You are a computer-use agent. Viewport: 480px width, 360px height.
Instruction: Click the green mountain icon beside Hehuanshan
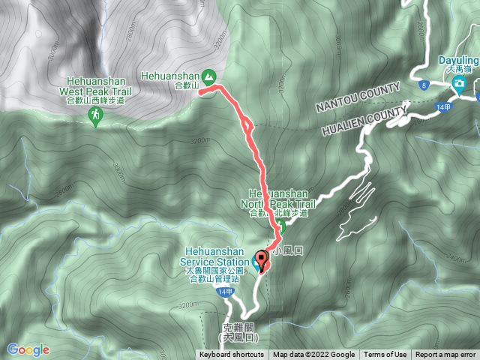tap(208, 76)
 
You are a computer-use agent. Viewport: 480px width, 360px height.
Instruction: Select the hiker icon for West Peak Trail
tap(96, 115)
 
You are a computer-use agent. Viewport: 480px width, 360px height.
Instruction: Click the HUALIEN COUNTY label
tap(362, 120)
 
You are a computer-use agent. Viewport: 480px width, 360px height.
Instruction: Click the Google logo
tap(28, 349)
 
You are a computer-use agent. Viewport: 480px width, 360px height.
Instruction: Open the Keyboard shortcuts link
tap(232, 355)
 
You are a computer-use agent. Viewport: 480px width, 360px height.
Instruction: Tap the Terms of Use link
tap(385, 355)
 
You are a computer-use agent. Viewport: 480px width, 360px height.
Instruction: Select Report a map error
tap(445, 355)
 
